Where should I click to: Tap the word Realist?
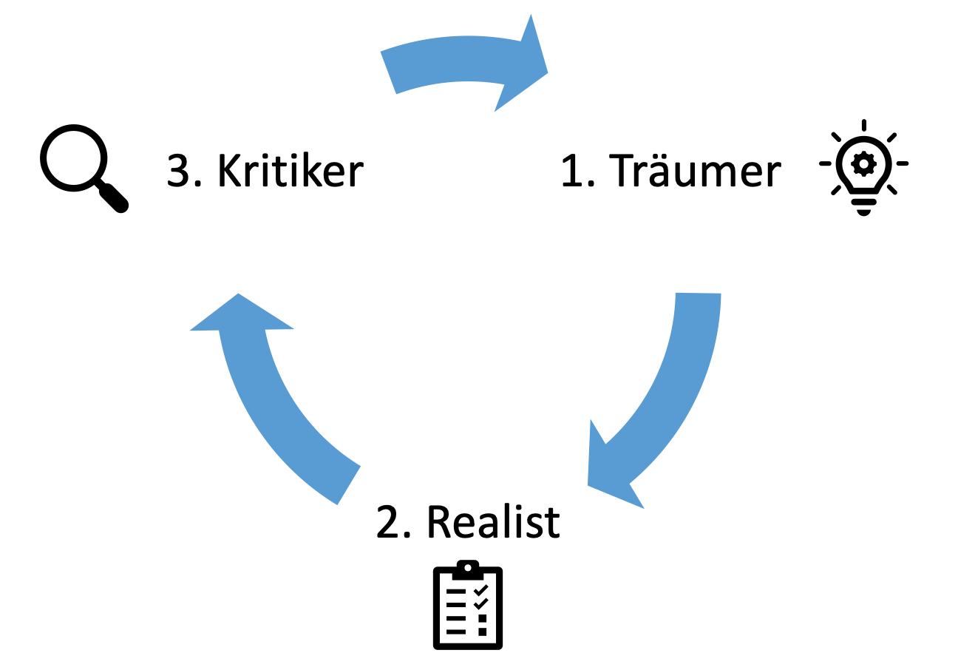493,522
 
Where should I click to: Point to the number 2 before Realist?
389,522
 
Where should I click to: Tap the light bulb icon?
863,167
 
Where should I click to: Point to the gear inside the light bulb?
863,162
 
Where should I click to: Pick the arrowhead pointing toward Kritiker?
241,314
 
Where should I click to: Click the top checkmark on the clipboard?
481,589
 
